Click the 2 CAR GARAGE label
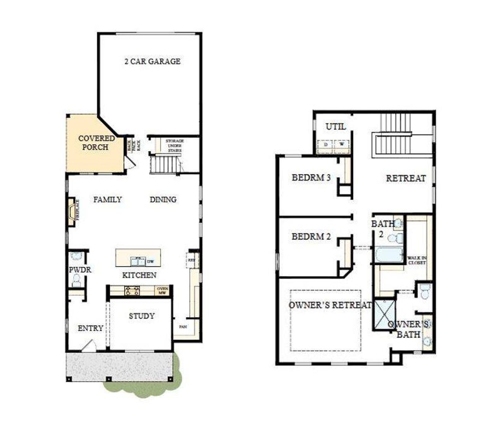point(152,61)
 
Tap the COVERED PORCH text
point(96,143)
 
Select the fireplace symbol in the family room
point(72,211)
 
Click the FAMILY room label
point(108,199)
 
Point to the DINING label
point(163,199)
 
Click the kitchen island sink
point(138,261)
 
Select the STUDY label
point(141,316)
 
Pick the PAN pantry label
point(183,327)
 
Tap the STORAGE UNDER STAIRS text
point(175,146)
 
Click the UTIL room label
point(336,126)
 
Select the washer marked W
point(342,145)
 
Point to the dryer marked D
point(325,145)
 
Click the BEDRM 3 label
point(311,178)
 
